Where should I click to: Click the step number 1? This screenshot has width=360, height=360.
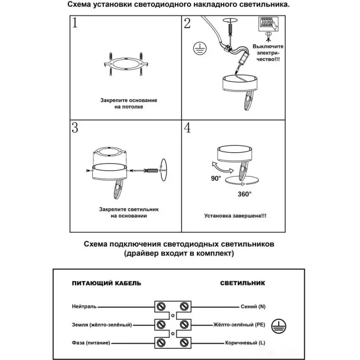coord(77,23)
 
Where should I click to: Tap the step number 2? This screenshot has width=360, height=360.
coord(187,23)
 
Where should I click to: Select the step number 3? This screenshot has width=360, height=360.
coord(76,128)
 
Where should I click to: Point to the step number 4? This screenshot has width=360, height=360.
coord(187,128)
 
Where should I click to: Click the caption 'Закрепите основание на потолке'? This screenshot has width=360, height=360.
coord(129,103)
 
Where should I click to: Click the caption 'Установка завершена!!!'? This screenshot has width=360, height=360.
coord(235,216)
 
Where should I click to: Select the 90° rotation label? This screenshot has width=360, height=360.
coord(215,178)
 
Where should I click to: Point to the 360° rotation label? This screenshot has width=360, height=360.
coord(244,194)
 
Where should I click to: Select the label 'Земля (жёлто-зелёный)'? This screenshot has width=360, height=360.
coord(102,325)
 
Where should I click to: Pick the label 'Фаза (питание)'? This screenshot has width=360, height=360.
coord(93,343)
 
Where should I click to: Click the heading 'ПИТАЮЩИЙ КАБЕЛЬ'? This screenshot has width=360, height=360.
coord(106,283)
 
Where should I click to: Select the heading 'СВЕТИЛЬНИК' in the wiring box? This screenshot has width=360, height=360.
coord(242,283)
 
